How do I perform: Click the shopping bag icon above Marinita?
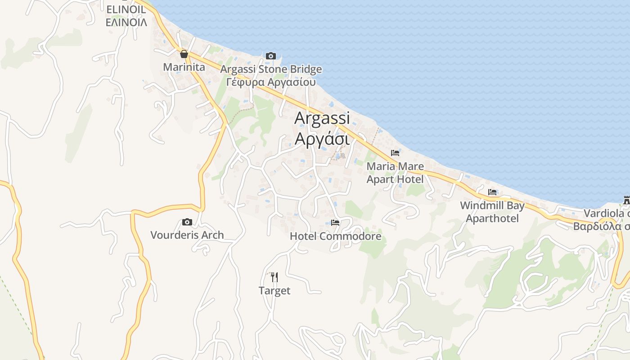click(x=184, y=54)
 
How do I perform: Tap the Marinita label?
click(x=184, y=67)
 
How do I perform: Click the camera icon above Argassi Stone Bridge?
click(x=270, y=56)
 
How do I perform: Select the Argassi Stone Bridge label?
click(x=271, y=69)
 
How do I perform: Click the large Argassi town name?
click(x=322, y=118)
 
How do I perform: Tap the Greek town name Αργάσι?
click(x=322, y=139)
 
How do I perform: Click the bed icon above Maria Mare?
click(x=395, y=153)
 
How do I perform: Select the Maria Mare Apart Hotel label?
click(x=395, y=173)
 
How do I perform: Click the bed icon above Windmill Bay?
click(x=492, y=192)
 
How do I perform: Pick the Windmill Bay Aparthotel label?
click(x=492, y=212)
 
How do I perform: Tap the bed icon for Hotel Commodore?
click(x=335, y=222)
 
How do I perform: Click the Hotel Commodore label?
click(x=335, y=236)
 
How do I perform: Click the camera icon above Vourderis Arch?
click(x=187, y=222)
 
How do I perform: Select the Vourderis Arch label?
click(x=187, y=235)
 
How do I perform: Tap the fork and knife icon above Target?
click(x=274, y=277)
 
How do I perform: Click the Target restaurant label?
click(x=274, y=291)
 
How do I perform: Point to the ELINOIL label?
click(x=126, y=9)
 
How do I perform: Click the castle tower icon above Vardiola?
click(x=626, y=199)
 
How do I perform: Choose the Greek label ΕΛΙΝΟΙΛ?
click(x=126, y=22)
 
